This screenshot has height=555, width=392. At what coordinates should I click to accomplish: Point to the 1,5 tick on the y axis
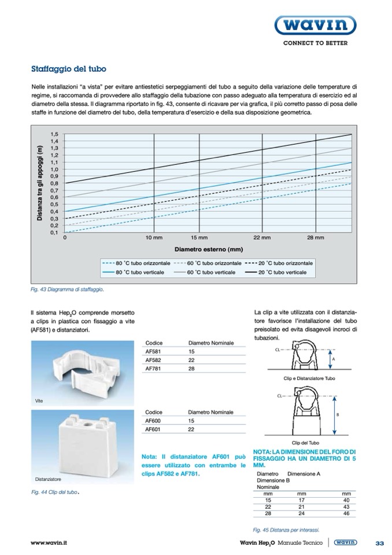coord(54,134)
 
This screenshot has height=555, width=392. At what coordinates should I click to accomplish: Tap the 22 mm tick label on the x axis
coord(262,238)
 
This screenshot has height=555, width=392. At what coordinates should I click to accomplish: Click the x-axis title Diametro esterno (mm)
coord(208,249)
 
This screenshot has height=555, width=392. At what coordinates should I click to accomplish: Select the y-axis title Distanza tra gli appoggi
coord(40,183)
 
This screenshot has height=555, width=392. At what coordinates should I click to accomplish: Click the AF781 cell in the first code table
coord(152,368)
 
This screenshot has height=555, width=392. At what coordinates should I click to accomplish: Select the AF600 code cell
coord(152,421)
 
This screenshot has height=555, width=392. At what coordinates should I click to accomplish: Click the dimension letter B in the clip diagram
coord(337,415)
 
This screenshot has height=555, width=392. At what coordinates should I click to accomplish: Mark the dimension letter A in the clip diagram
coord(335,359)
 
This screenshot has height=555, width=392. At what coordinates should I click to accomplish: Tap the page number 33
coord(380,543)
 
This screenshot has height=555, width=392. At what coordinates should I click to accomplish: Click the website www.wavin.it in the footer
coord(49,543)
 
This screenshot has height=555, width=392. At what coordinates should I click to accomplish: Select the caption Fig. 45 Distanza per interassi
coord(286,529)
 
